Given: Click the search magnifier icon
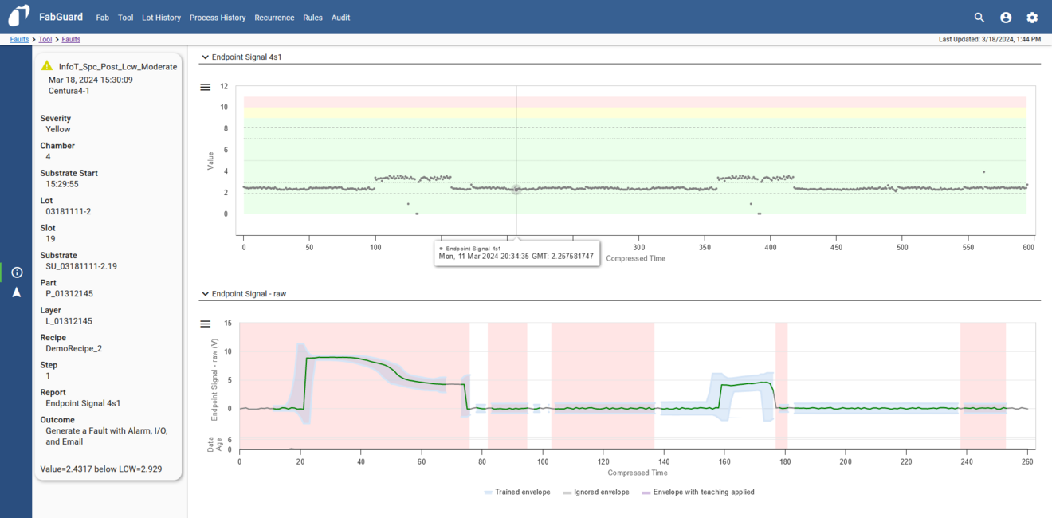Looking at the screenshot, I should tap(979, 18).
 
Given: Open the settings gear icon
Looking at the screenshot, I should tap(1032, 18).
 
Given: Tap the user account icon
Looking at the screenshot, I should tap(1006, 18).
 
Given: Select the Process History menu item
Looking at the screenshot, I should tap(218, 18).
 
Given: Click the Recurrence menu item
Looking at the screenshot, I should tap(274, 18).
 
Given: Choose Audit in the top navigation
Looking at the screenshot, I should tap(340, 18).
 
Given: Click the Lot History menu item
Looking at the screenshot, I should tap(161, 18).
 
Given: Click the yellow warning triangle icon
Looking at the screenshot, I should tap(47, 66).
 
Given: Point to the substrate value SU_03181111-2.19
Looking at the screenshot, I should tap(81, 266).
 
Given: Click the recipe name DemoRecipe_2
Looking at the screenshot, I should tap(73, 348).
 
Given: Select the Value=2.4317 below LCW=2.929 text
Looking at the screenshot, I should tap(101, 469).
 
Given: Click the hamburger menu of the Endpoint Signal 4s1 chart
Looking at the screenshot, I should tap(206, 88).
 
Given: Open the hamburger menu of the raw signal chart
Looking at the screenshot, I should tap(206, 324).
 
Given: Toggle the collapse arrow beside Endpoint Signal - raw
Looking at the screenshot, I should tap(206, 294).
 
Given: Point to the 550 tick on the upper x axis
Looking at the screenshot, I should tap(968, 248).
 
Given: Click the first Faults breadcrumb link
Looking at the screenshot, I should tap(19, 39).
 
